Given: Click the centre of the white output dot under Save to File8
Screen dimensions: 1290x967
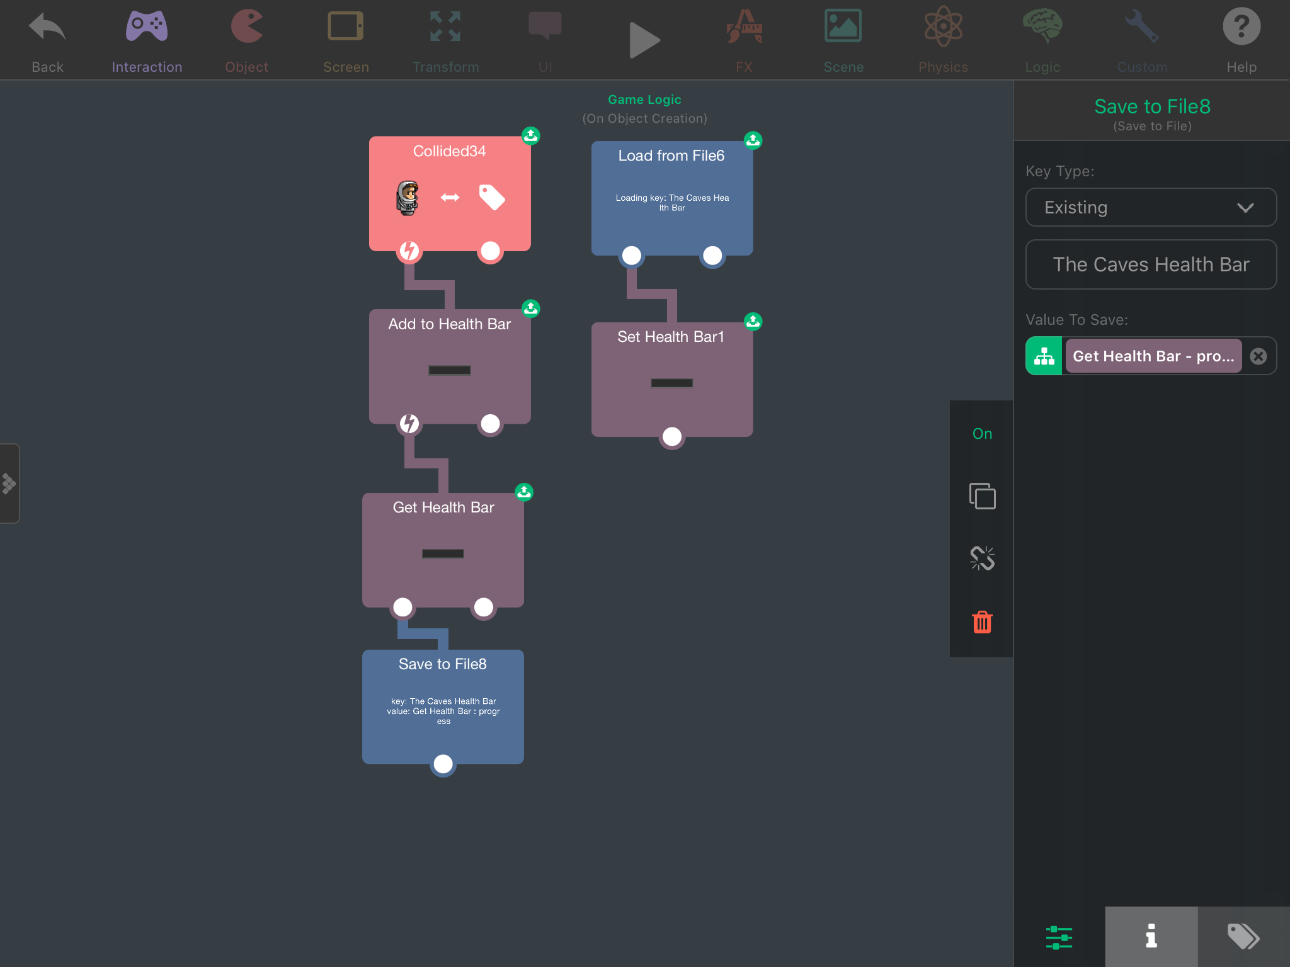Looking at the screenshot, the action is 443,764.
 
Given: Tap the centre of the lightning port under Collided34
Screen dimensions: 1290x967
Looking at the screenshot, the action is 409,251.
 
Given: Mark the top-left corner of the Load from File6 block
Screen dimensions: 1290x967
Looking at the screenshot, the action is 591,142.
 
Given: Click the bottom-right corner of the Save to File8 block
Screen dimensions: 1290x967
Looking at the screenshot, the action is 524,764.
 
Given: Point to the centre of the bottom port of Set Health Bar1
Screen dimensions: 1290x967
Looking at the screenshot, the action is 672,436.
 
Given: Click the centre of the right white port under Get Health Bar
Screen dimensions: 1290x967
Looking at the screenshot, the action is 484,607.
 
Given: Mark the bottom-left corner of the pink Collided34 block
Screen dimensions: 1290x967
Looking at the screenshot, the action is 369,251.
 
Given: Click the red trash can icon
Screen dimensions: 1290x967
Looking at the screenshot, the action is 982,622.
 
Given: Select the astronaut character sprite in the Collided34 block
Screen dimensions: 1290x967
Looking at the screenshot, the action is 408,198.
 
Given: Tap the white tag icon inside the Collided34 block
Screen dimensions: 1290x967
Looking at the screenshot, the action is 492,197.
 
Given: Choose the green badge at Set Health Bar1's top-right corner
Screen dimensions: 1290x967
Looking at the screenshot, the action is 753,321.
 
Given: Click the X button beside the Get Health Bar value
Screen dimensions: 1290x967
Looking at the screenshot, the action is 1259,356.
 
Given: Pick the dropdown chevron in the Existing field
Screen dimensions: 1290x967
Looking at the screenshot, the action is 1245,208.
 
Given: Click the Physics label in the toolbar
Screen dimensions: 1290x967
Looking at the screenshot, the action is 943,67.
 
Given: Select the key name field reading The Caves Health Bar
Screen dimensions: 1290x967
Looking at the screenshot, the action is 1151,264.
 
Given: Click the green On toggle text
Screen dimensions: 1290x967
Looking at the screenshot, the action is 982,434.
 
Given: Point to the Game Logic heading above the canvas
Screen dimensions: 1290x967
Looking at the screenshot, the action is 644,99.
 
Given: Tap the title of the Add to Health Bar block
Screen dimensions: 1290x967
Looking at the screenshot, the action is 449,324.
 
